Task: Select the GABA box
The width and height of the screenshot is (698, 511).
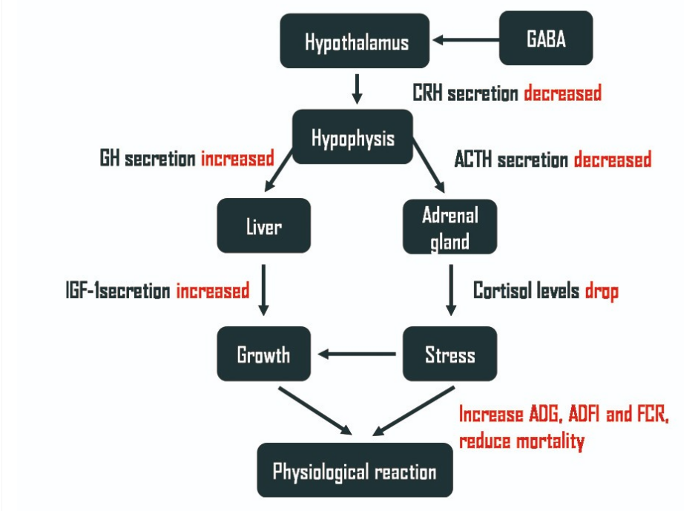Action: pyautogui.click(x=546, y=39)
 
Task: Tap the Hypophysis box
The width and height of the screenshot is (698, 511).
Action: pyautogui.click(x=352, y=137)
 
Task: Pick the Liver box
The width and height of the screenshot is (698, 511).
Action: pyautogui.click(x=263, y=225)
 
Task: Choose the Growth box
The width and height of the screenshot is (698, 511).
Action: pyautogui.click(x=263, y=355)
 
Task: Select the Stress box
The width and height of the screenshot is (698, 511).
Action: pyautogui.click(x=450, y=355)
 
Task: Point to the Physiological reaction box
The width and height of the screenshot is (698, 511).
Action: pyautogui.click(x=355, y=470)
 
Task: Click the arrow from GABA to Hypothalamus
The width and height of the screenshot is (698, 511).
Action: pyautogui.click(x=467, y=41)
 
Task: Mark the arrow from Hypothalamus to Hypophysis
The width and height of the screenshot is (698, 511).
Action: pyautogui.click(x=357, y=88)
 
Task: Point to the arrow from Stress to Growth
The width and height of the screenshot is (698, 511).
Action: pyautogui.click(x=357, y=355)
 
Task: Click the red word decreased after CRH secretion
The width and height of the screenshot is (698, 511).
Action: pyautogui.click(x=562, y=93)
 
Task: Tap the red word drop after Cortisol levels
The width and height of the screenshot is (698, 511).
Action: pyautogui.click(x=602, y=291)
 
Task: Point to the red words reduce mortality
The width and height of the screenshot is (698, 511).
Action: pyautogui.click(x=521, y=441)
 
